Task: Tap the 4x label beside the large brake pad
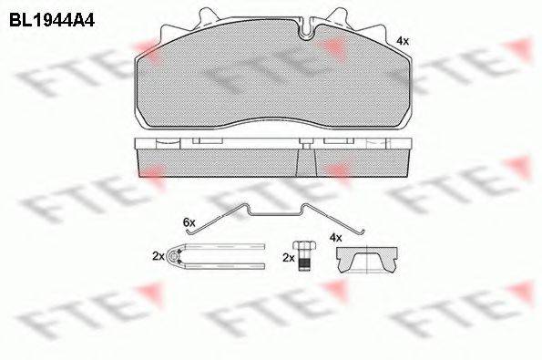(x=403, y=42)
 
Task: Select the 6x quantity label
(x=189, y=221)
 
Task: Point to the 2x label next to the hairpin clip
(x=159, y=257)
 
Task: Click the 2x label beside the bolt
(x=289, y=259)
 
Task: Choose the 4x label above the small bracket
(x=335, y=238)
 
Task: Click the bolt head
(x=304, y=248)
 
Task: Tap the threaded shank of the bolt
(x=305, y=262)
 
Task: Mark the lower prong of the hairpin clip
(x=223, y=268)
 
